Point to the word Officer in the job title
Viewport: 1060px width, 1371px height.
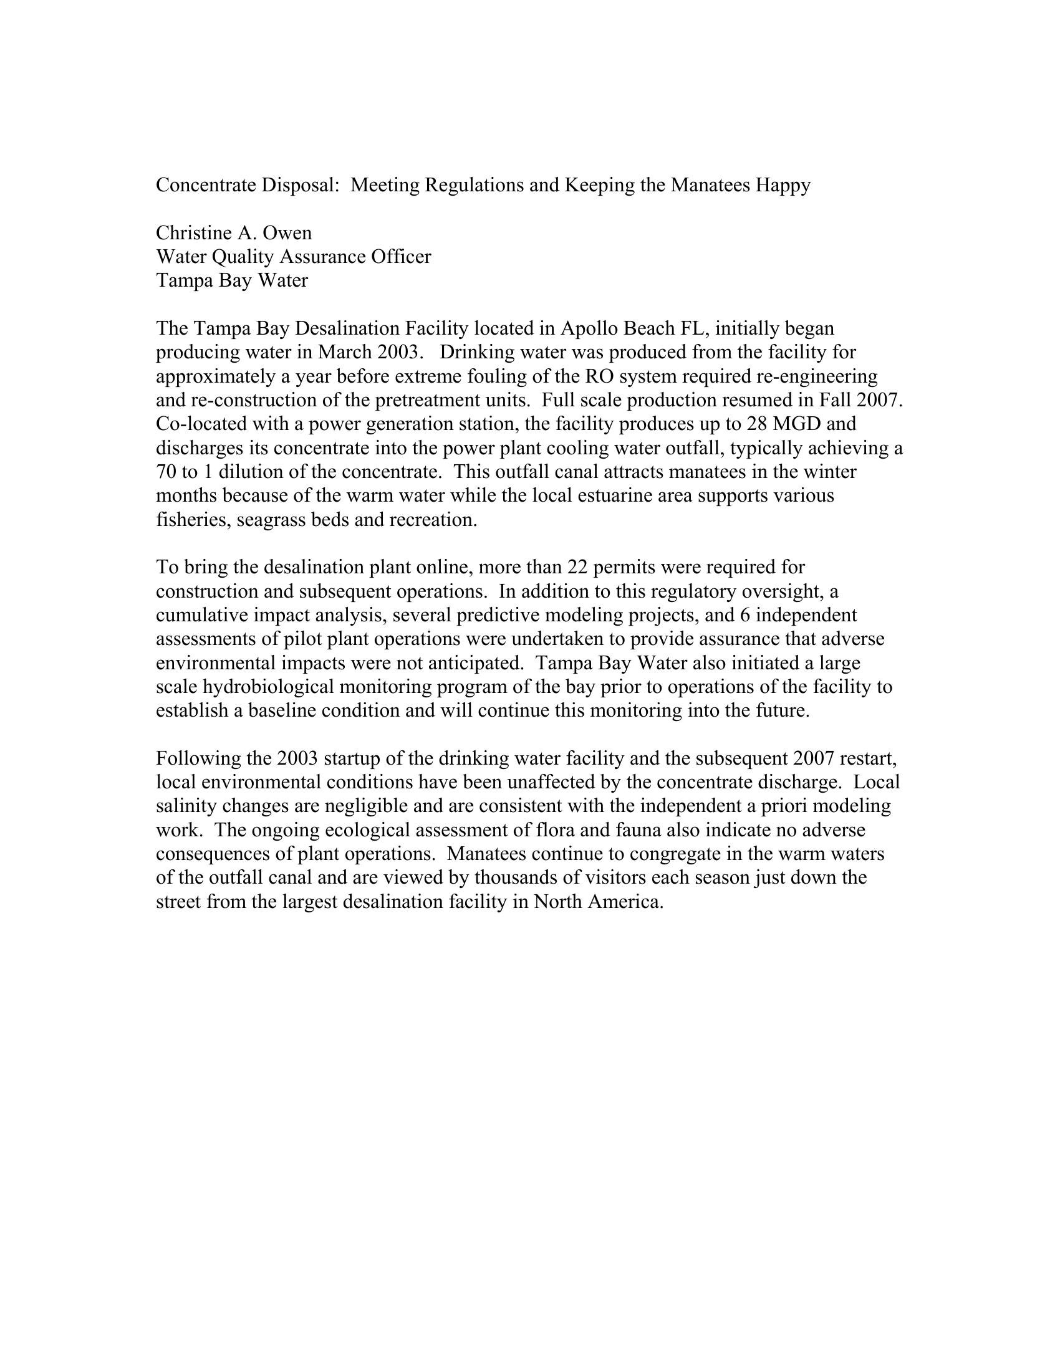(401, 257)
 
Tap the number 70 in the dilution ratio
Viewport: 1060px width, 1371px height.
(166, 472)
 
